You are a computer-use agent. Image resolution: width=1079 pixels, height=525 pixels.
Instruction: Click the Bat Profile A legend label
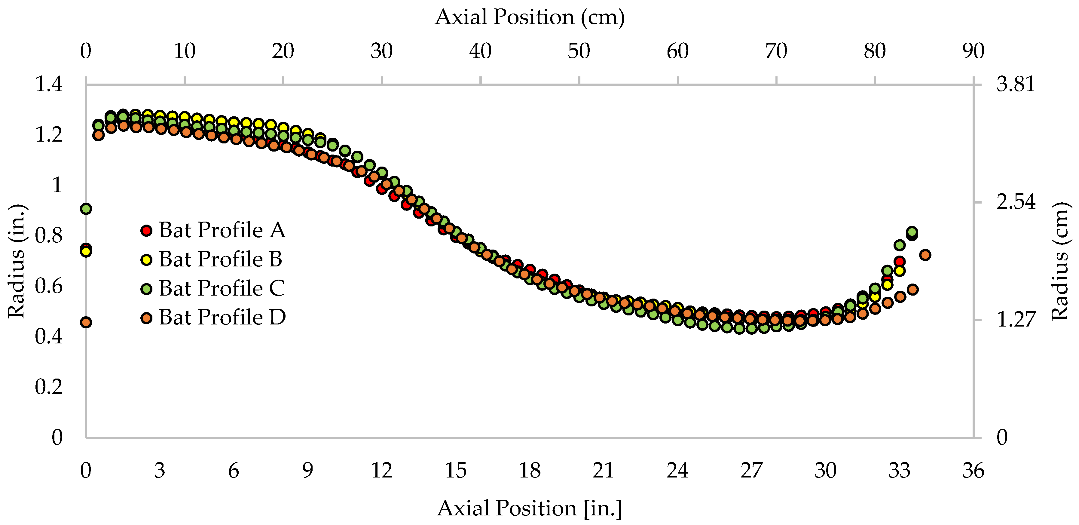click(222, 230)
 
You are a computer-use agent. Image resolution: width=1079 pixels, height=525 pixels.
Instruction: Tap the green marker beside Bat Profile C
click(146, 288)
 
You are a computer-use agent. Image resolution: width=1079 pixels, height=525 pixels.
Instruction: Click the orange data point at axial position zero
click(86, 322)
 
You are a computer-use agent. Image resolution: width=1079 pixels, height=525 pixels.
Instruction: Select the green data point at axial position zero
click(86, 209)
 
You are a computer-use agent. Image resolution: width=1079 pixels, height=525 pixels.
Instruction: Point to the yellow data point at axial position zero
click(86, 251)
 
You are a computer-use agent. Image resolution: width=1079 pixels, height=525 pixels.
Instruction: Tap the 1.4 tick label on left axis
click(49, 84)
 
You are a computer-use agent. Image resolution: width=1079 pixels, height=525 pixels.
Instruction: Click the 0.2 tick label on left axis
click(49, 387)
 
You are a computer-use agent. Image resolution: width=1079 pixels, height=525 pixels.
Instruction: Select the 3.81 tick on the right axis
click(1015, 84)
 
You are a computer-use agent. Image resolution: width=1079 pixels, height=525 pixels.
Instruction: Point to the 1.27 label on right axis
click(1015, 320)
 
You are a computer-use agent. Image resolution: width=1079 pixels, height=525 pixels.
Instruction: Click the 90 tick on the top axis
click(973, 51)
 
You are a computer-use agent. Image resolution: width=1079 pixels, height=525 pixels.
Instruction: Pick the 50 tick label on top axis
click(579, 51)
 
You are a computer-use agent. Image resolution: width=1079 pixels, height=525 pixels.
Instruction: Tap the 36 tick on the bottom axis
click(973, 471)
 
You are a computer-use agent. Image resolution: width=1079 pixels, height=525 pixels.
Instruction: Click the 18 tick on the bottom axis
click(530, 471)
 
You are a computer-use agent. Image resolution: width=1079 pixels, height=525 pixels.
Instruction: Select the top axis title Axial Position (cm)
click(530, 17)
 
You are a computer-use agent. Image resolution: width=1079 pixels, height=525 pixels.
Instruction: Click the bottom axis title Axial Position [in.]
click(530, 508)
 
